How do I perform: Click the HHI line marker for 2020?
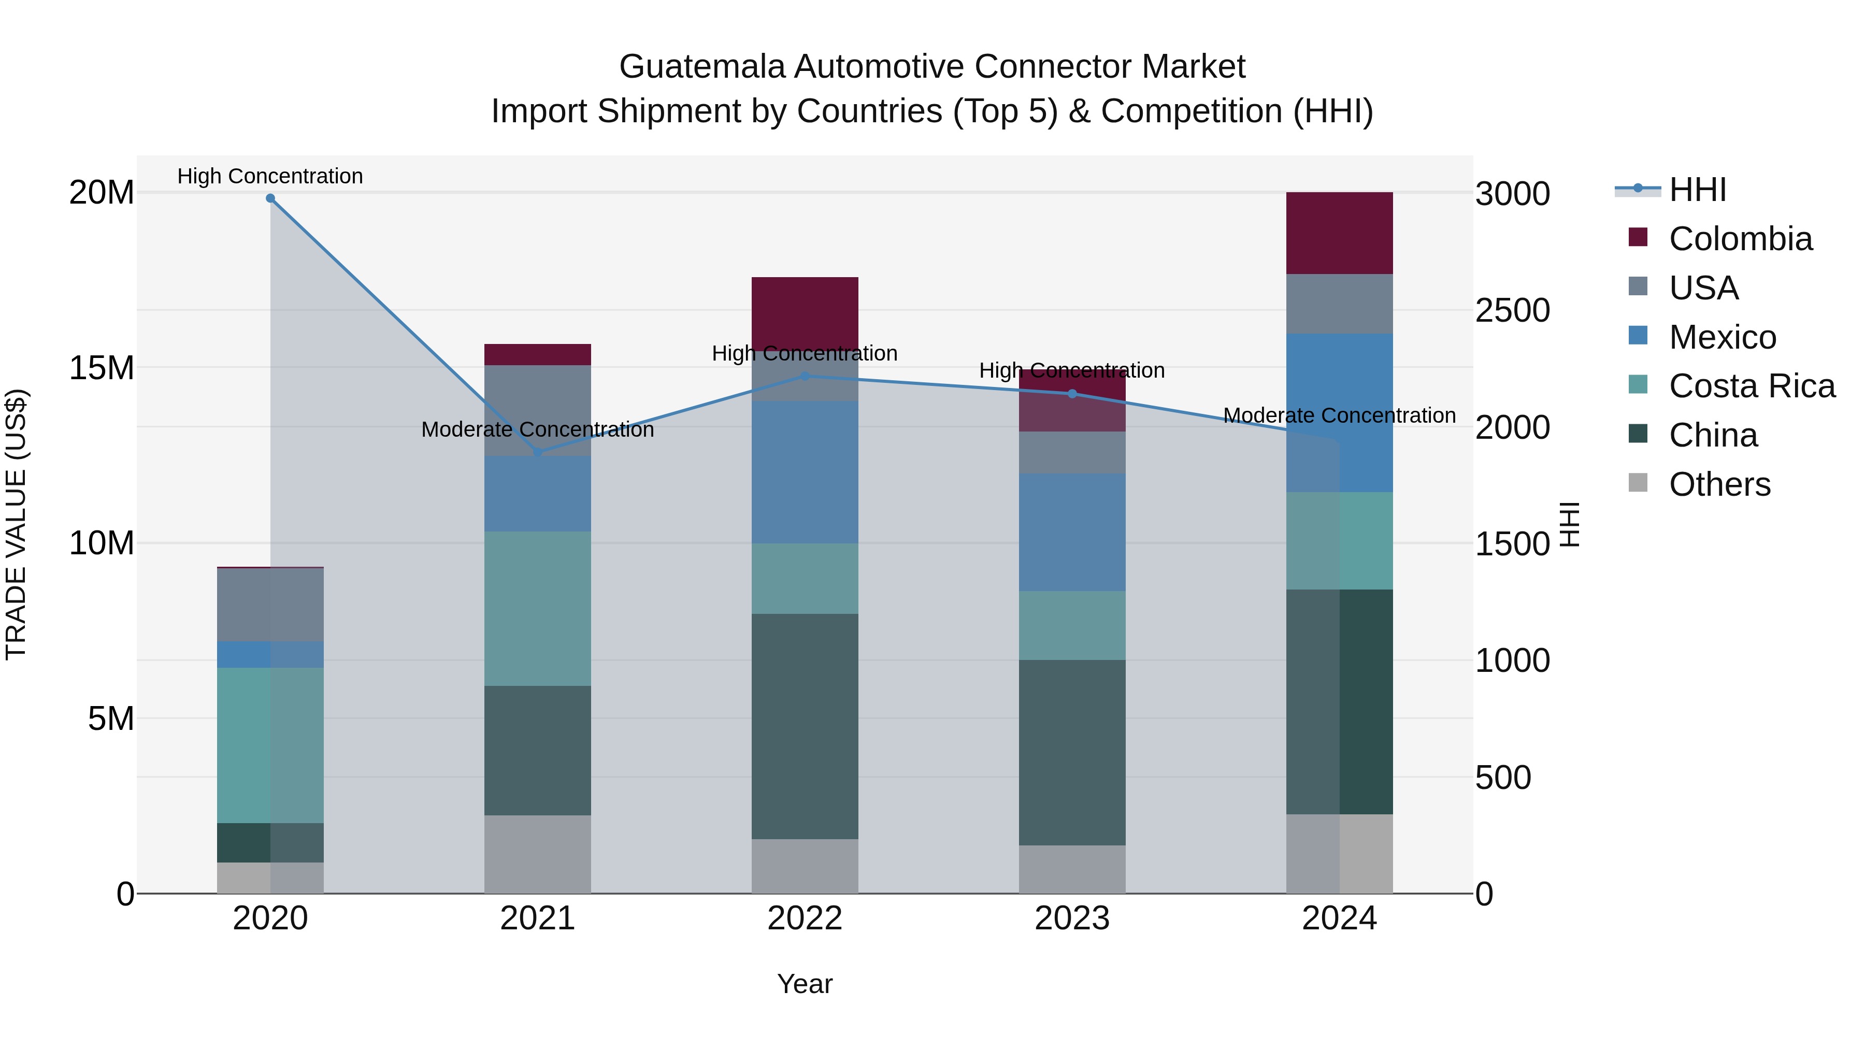click(270, 198)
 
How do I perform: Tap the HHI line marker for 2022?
click(805, 377)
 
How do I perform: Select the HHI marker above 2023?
click(1072, 394)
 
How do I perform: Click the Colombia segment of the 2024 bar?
click(1339, 233)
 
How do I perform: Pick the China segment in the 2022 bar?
click(805, 726)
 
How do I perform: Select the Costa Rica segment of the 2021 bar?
click(537, 608)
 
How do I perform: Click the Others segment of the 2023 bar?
click(1072, 869)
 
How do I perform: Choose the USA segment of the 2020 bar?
click(270, 605)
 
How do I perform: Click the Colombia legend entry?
click(1740, 239)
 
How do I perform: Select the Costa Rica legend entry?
click(1752, 386)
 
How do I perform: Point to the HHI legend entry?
click(1697, 190)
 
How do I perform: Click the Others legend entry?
click(1719, 484)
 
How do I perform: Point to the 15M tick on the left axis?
click(102, 368)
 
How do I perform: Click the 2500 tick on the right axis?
click(1512, 311)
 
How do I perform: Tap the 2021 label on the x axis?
click(537, 918)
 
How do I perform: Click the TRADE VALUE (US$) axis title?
click(16, 524)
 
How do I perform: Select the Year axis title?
click(805, 984)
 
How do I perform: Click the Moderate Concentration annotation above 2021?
click(537, 429)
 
